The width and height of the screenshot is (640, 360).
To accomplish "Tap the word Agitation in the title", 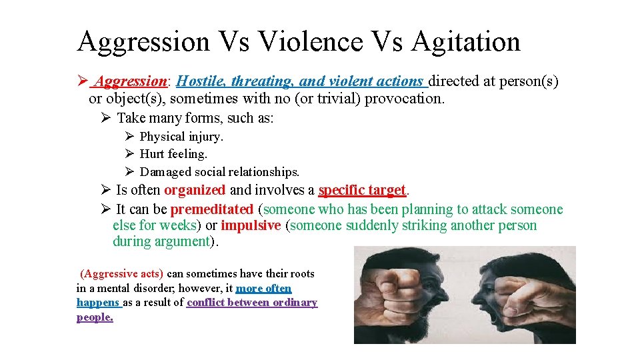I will click(x=465, y=41).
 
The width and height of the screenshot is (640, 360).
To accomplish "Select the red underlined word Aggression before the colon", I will click(x=131, y=81).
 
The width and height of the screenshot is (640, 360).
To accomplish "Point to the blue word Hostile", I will click(x=201, y=81).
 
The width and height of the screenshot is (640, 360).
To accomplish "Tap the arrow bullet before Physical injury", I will click(x=129, y=136).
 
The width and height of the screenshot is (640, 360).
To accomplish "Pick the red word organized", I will click(x=195, y=191).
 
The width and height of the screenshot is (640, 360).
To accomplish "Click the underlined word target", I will click(x=387, y=191).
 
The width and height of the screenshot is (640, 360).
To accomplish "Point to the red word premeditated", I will click(x=212, y=209).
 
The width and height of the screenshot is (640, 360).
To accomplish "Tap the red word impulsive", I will click(x=251, y=225).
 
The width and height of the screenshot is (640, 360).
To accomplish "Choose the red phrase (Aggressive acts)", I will click(x=121, y=273).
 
